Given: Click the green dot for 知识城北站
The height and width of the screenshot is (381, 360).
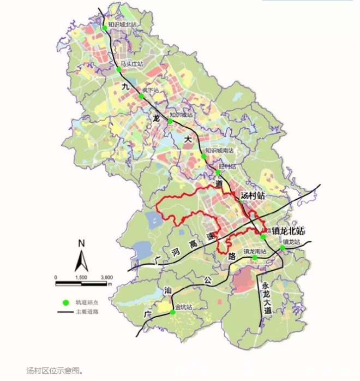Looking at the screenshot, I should point(104,28).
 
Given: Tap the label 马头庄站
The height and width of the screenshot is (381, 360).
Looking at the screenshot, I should point(131,64).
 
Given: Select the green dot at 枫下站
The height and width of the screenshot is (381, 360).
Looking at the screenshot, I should point(141,96).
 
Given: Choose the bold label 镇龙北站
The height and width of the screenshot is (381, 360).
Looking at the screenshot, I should point(286,231).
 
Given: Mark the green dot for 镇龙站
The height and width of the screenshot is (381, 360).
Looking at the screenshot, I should point(283,248).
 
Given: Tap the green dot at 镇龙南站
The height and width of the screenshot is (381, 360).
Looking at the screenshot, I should point(255,258).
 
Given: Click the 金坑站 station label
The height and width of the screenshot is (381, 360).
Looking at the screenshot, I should point(184,307).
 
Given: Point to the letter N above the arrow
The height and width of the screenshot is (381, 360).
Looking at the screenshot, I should point(81,243).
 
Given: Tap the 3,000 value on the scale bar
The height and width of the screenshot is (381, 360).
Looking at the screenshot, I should point(106,277).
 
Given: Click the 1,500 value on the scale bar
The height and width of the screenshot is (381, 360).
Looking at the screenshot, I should point(81,277).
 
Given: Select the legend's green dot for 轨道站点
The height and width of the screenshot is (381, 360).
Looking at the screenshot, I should point(65,301).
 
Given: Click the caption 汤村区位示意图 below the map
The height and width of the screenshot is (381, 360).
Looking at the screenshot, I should point(55,371).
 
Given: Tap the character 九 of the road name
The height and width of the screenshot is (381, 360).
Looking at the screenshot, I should point(125,86).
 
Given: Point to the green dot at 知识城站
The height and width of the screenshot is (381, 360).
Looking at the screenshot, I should point(170,121).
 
